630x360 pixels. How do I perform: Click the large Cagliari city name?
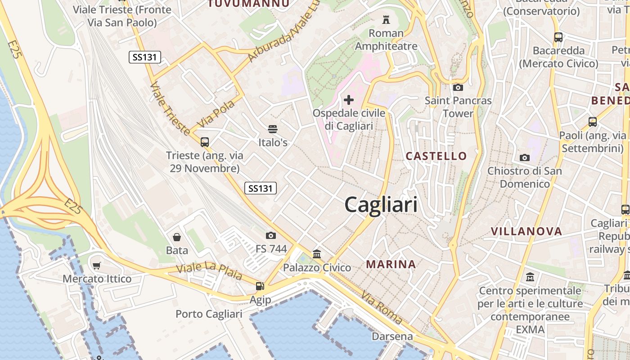click(x=381, y=205)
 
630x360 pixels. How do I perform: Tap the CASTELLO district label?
click(x=436, y=156)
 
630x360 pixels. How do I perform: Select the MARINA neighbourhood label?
click(x=391, y=264)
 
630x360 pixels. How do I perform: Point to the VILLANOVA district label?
click(x=526, y=232)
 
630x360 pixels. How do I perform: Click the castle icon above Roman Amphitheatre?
click(x=386, y=19)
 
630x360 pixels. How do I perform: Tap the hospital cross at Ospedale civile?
click(x=349, y=99)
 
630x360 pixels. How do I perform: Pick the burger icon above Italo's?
click(x=272, y=129)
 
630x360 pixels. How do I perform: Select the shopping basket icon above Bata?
click(x=177, y=237)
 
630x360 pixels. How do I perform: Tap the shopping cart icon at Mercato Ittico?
click(x=97, y=265)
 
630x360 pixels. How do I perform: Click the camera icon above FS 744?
click(x=271, y=235)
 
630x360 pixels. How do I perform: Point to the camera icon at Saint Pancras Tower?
click(x=458, y=87)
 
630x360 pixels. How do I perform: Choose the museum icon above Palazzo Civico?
click(x=317, y=254)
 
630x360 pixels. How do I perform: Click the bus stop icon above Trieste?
click(x=205, y=142)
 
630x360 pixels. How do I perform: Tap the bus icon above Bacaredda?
click(x=558, y=37)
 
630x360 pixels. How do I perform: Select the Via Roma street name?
click(x=381, y=307)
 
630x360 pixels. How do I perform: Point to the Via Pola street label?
click(x=216, y=114)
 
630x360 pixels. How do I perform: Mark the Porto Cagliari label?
click(x=209, y=314)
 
